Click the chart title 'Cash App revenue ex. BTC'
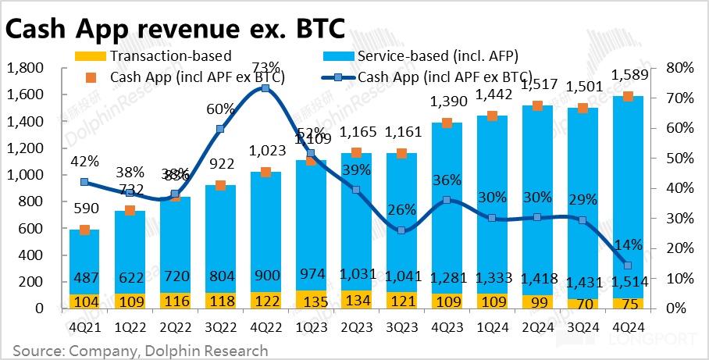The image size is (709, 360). click(175, 28)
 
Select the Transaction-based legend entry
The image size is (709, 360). click(170, 55)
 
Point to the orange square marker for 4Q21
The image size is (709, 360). click(84, 230)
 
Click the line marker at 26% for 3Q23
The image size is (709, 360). click(401, 230)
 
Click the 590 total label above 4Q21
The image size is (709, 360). click(84, 209)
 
